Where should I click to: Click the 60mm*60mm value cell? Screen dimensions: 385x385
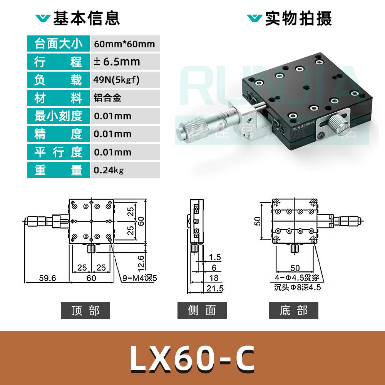[124, 44]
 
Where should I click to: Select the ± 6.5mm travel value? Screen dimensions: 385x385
[117, 62]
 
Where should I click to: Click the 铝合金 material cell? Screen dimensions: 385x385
[108, 98]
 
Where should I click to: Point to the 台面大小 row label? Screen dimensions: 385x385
[59, 44]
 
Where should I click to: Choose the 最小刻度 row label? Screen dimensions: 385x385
[59, 116]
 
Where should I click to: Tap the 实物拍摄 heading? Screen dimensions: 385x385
[298, 18]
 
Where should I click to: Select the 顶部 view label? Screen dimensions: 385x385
[85, 311]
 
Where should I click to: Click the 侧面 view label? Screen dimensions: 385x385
[202, 311]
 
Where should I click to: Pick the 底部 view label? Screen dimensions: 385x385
[294, 311]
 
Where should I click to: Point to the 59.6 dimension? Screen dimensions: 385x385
[47, 278]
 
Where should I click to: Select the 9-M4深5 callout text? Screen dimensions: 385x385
[141, 278]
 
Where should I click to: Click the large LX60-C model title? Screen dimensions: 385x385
[192, 358]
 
